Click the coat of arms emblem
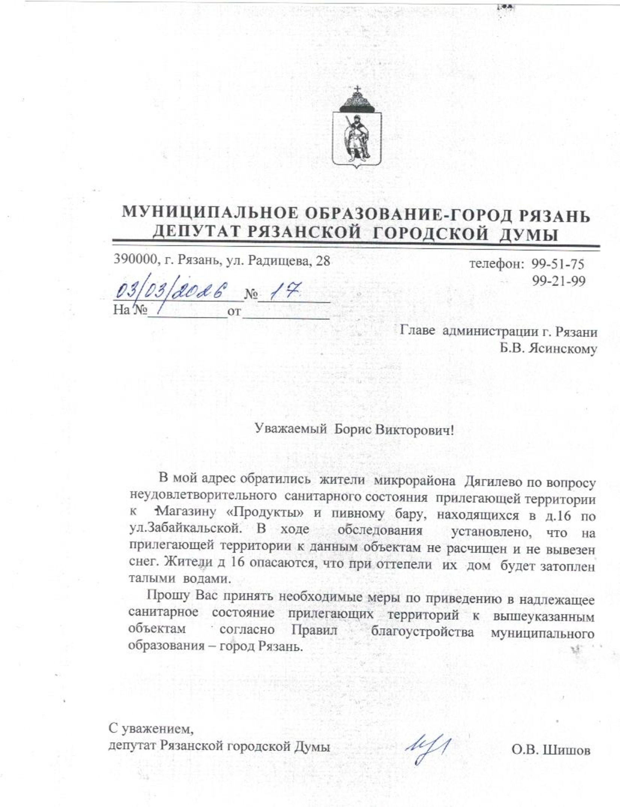[357, 128]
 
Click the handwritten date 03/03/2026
[171, 290]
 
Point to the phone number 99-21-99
[558, 281]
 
